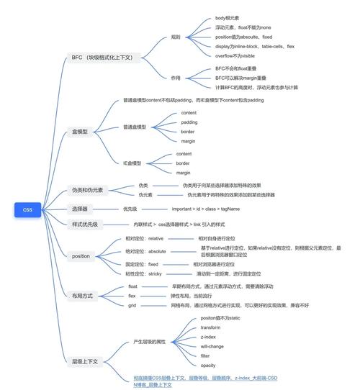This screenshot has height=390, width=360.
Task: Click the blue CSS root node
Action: (x=27, y=209)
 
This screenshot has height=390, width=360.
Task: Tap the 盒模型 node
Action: (x=80, y=132)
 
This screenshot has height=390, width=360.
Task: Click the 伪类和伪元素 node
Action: (x=87, y=191)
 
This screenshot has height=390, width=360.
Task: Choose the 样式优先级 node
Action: (x=85, y=224)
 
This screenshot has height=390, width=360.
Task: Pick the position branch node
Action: (x=81, y=255)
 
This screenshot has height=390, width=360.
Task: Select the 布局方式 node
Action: (x=83, y=296)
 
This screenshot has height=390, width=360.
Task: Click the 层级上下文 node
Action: (x=85, y=360)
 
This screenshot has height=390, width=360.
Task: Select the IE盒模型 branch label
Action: (x=133, y=163)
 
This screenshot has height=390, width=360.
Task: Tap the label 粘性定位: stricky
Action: (x=145, y=273)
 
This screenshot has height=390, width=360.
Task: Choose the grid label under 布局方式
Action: (x=132, y=305)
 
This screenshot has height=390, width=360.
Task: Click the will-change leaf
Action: (x=211, y=346)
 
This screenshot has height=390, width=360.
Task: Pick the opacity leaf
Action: (x=208, y=365)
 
